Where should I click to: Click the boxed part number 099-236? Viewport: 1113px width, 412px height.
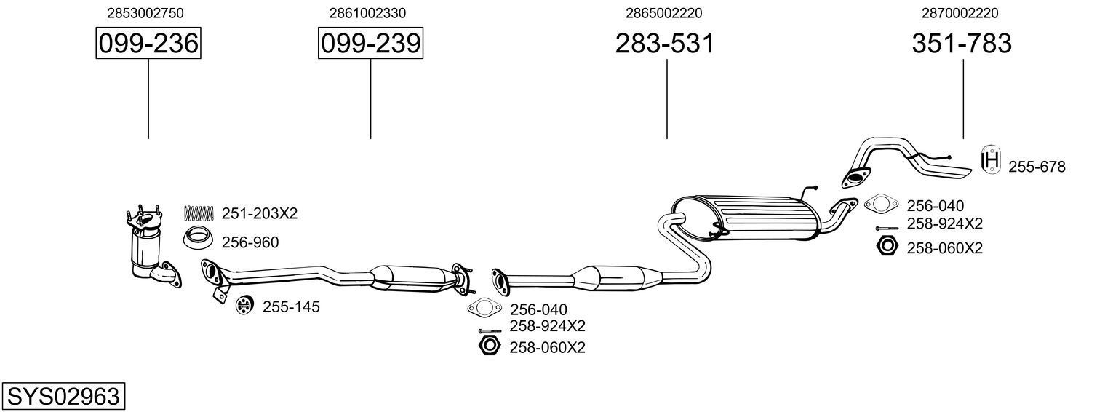(x=148, y=44)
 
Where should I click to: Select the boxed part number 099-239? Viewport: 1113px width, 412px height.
(x=370, y=44)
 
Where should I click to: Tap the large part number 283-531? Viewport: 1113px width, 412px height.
(x=665, y=44)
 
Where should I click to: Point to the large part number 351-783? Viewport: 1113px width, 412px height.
(x=962, y=44)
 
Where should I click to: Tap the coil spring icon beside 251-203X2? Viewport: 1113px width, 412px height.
(x=198, y=213)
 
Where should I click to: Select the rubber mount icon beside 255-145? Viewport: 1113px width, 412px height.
(x=244, y=306)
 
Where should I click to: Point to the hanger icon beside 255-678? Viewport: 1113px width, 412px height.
(x=990, y=160)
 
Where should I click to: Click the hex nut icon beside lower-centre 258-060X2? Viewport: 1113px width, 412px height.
(x=490, y=346)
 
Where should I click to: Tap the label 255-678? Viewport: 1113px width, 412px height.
(x=1037, y=167)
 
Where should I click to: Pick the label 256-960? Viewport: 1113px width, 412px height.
(x=250, y=242)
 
